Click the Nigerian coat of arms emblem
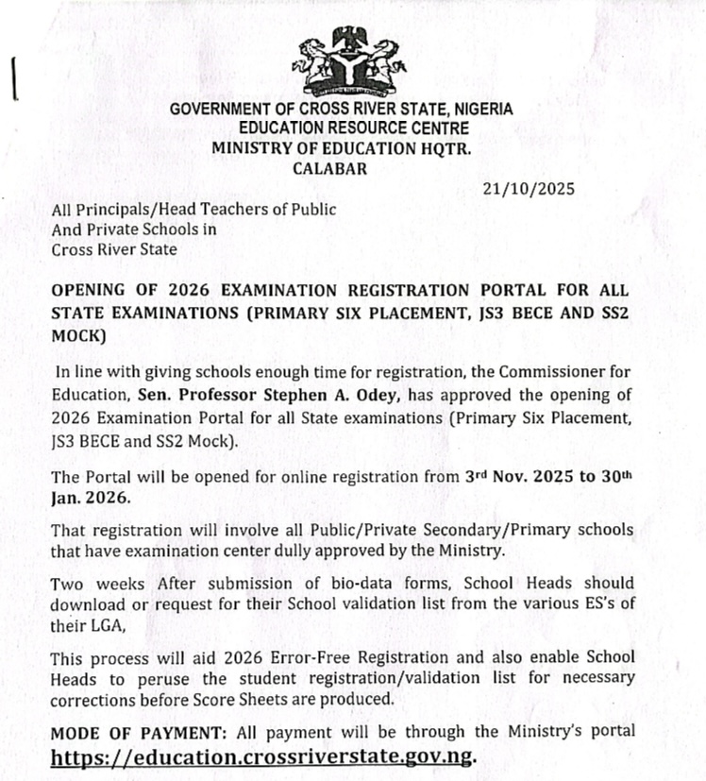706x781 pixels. point(342,62)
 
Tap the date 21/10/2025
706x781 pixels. point(529,189)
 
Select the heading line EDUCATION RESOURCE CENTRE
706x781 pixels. point(341,127)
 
